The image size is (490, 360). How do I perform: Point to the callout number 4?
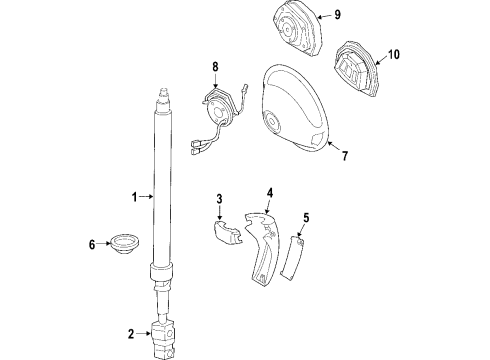[269, 193]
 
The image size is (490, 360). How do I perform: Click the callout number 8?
[214, 69]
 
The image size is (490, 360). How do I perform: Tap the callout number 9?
[337, 14]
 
